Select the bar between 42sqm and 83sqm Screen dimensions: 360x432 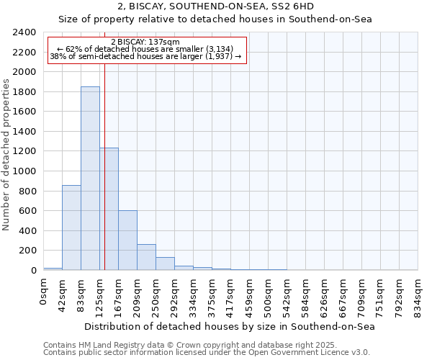(x=71, y=228)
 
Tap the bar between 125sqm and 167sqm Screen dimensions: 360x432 (x=109, y=209)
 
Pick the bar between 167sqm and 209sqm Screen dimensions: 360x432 (x=127, y=240)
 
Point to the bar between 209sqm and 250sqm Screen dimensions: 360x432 (x=146, y=257)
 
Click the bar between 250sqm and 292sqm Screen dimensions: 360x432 (x=165, y=264)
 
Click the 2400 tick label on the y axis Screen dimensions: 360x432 (x=24, y=32)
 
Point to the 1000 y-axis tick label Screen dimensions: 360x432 (x=24, y=171)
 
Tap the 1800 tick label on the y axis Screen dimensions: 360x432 (x=24, y=92)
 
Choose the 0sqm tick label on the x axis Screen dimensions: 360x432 (x=43, y=289)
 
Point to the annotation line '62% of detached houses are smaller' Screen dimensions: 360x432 (x=147, y=49)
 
